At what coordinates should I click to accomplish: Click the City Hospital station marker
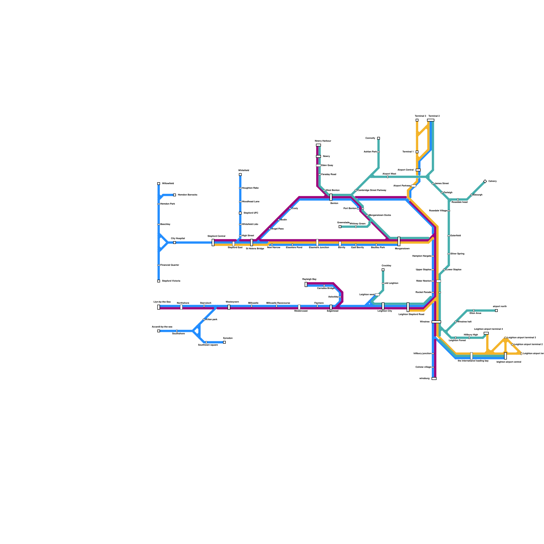click(174, 242)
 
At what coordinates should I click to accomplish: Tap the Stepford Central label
click(216, 236)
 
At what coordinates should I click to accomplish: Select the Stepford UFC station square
click(240, 213)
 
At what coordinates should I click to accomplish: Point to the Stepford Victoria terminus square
click(158, 281)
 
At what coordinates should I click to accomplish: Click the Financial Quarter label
click(170, 265)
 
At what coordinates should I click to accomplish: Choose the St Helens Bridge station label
click(255, 249)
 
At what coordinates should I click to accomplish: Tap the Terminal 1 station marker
click(417, 152)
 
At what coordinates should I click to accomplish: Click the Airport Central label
click(406, 170)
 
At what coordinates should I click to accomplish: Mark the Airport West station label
click(389, 174)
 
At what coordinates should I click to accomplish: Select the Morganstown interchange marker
click(399, 241)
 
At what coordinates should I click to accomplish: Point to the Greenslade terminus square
click(340, 226)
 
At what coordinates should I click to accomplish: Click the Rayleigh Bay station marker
click(306, 284)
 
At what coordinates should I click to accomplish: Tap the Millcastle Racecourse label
click(278, 303)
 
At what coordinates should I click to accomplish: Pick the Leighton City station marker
click(383, 306)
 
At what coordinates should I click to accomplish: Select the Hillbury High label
click(471, 335)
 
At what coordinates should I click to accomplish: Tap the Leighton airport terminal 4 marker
click(486, 333)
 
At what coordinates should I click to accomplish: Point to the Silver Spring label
click(457, 254)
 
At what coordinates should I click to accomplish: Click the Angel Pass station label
click(277, 229)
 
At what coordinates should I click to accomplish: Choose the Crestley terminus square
click(383, 270)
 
